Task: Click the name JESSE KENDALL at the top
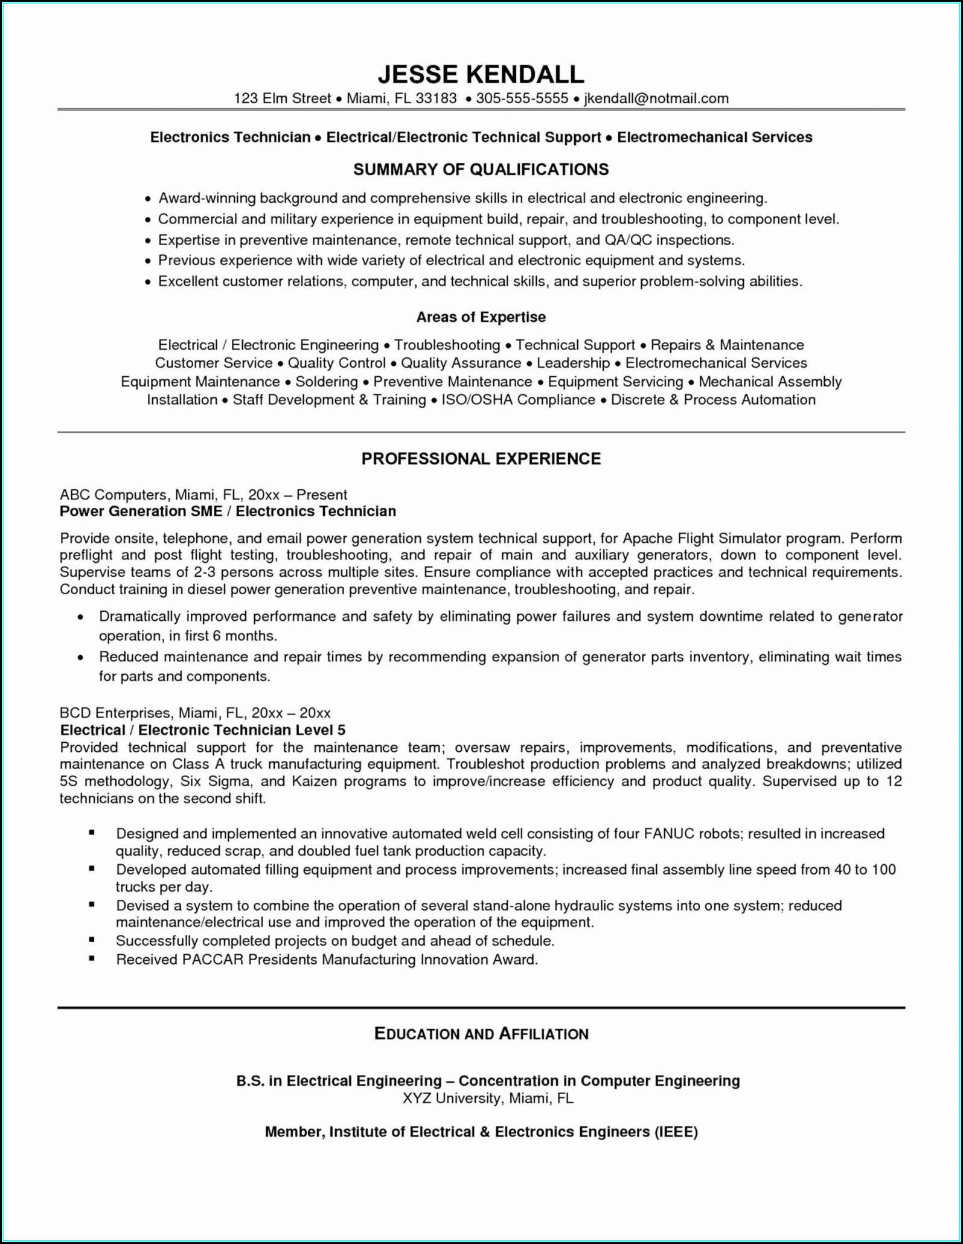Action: (481, 74)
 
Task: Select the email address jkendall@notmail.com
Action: (656, 98)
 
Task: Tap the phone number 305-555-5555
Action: (522, 98)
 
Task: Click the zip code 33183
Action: (436, 98)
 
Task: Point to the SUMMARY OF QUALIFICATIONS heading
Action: (481, 170)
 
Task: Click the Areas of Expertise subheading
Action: (481, 317)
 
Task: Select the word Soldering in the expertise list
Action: (327, 382)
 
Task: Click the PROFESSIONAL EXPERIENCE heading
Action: (481, 459)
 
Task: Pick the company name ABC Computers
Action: (113, 495)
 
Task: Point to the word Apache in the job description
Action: (647, 538)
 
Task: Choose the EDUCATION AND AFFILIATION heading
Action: (481, 1034)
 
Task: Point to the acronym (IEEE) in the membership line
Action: (676, 1132)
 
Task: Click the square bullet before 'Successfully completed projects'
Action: (92, 940)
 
